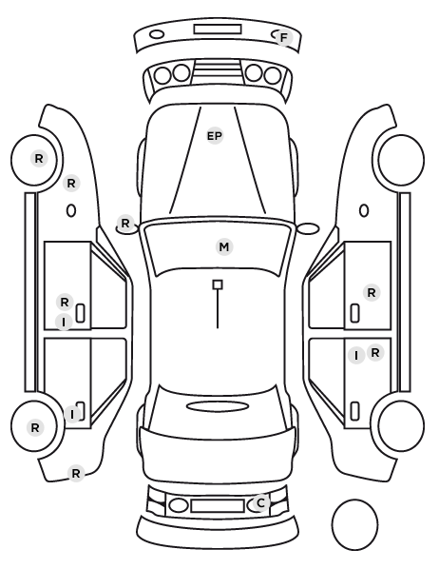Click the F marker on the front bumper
pos(283,37)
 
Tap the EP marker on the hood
pos(214,136)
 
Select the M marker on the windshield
pos(224,247)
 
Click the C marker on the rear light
pos(260,503)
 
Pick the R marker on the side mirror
pos(125,224)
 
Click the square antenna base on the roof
pos(218,284)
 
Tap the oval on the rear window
pos(218,407)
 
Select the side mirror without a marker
pos(308,228)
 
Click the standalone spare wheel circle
pos(354,524)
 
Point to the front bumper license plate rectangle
pos(218,29)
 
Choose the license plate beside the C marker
pos(218,505)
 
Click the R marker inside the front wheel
pos(39,159)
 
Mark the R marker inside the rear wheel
pos(35,428)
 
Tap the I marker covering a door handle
pos(72,414)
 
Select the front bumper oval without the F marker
pos(157,35)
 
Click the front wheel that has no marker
pos(401,160)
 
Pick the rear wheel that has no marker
pos(401,425)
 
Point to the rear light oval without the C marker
pos(179,505)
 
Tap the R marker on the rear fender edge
pos(76,474)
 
